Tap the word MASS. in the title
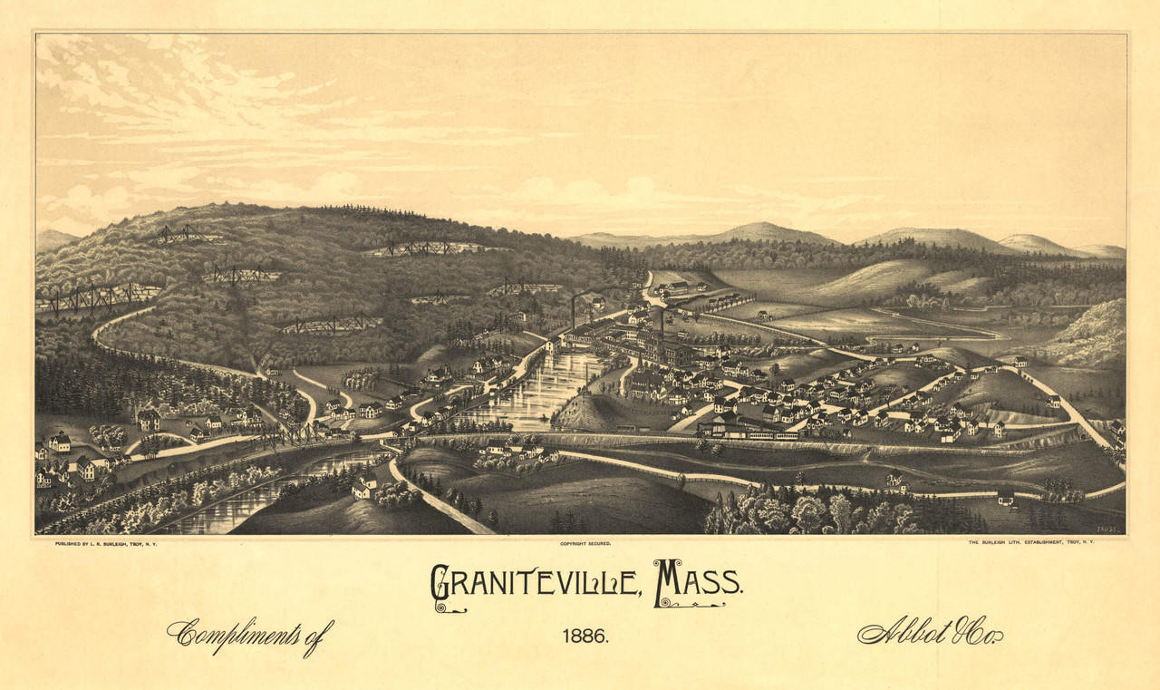(x=698, y=581)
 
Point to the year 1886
(x=585, y=636)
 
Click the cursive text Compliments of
(x=250, y=634)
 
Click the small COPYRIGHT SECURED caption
(x=585, y=543)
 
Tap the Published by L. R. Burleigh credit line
(x=106, y=543)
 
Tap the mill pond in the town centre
(x=544, y=390)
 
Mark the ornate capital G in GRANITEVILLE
(x=441, y=585)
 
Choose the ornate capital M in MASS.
(x=669, y=581)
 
